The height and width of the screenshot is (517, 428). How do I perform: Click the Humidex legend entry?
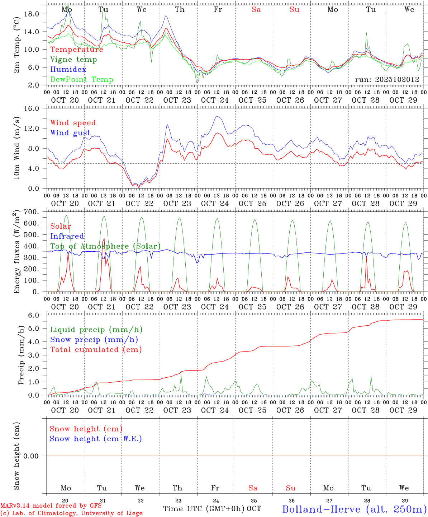point(68,70)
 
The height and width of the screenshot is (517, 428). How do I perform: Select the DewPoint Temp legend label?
point(82,80)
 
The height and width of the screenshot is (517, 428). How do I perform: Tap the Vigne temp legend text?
point(73,60)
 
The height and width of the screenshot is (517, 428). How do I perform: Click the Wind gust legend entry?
point(70,133)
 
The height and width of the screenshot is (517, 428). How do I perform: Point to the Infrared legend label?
point(67,236)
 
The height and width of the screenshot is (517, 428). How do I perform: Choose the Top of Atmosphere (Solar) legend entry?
point(105,246)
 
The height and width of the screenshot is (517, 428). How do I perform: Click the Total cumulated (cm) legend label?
point(96,350)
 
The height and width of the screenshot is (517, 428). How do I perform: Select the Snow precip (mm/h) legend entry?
point(94,340)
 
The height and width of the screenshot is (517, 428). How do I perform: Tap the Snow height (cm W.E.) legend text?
point(96,439)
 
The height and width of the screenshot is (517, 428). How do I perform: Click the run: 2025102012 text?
point(387,80)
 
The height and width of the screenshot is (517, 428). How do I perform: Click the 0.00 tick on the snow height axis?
point(33,456)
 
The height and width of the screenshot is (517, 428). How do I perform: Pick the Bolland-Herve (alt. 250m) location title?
point(354,509)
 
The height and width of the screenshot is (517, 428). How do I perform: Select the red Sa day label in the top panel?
point(256,10)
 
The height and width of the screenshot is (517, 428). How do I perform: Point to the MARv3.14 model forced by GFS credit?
point(51,506)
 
